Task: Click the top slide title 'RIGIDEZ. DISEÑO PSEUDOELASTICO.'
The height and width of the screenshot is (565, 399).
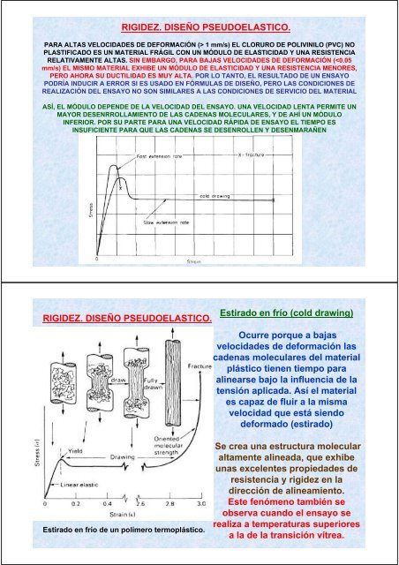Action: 200,30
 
